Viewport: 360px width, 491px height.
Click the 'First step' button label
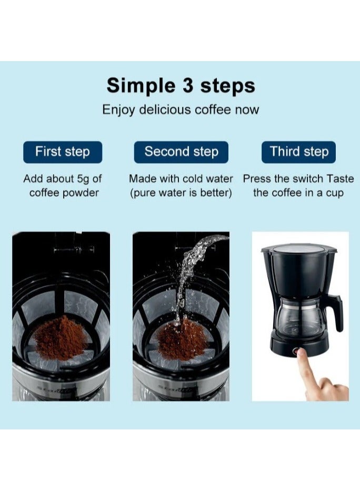point(63,152)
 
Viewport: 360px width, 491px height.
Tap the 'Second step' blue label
point(181,152)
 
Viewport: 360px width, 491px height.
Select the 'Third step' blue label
point(298,152)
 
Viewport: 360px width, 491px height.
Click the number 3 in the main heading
point(188,85)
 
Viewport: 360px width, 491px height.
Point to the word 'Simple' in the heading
point(141,86)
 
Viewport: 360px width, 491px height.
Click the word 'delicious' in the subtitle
point(165,109)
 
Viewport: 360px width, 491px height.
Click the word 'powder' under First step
point(81,193)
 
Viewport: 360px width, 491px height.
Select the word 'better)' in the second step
point(216,193)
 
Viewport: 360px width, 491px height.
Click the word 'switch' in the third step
point(308,179)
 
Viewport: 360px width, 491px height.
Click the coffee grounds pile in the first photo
point(61,338)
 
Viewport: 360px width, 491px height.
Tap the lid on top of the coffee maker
point(299,250)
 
